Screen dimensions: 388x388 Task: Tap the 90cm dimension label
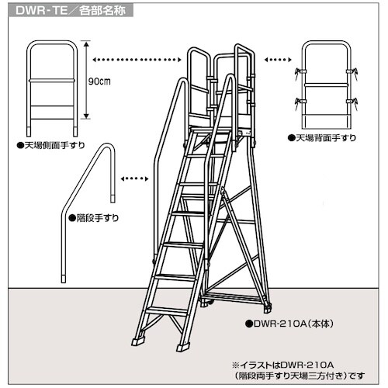(99, 81)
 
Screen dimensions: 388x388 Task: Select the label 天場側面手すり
(51, 145)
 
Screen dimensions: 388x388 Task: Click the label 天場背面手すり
(322, 138)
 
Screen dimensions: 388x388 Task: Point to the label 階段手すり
(94, 218)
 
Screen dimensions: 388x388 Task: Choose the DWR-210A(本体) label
(289, 324)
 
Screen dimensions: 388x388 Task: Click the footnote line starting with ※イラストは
(282, 365)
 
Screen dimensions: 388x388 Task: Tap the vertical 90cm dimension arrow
(87, 80)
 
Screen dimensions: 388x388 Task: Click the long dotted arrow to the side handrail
(137, 60)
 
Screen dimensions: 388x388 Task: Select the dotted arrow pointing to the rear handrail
(278, 60)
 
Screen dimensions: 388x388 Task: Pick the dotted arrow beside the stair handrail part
(135, 178)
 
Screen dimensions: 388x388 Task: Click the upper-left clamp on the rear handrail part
(300, 71)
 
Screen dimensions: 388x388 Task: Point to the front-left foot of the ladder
(138, 341)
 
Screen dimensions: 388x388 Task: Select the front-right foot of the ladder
(183, 347)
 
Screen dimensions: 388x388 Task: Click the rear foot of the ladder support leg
(267, 308)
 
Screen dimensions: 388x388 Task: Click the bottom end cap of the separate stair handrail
(64, 279)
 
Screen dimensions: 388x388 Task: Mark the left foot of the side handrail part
(29, 131)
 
